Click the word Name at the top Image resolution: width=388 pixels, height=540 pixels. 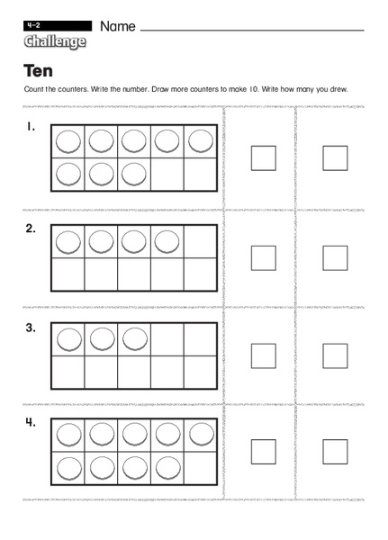pos(118,26)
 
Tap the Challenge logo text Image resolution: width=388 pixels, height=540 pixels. pos(55,42)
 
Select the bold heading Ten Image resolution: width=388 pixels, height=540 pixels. pos(38,71)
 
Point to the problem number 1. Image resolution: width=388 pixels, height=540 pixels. pos(31,128)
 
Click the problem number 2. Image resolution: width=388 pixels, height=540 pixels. pos(31,229)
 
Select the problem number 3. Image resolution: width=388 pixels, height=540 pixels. pos(31,328)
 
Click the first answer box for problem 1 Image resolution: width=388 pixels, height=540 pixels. pos(263,158)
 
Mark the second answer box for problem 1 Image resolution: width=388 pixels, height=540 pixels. pos(335,158)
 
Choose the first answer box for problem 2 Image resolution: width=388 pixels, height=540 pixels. pos(263,257)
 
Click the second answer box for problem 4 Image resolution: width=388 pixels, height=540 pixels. pos(335,451)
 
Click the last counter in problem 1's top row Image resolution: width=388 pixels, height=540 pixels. pos(200,141)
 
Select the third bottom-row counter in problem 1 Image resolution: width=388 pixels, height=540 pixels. pos(134,174)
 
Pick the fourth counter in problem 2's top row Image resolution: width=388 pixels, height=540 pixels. pos(167,241)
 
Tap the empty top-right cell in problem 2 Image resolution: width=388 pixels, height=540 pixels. pos(200,241)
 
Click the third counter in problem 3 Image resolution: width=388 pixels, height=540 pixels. pos(134,339)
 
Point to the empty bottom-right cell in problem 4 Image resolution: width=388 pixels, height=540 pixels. pos(200,469)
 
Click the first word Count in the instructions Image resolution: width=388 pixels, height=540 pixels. pos(33,88)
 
